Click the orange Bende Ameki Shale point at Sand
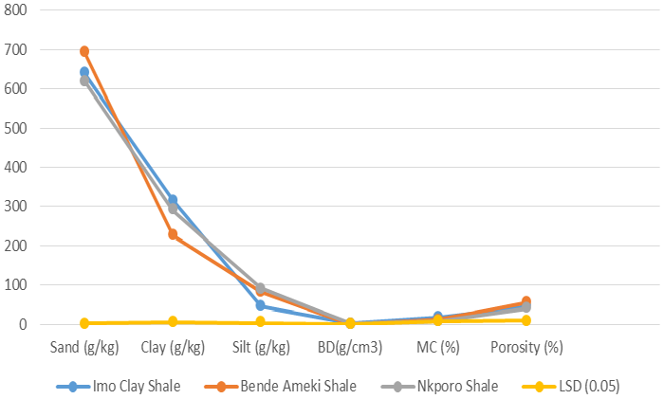(x=84, y=51)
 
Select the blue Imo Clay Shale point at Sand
(x=84, y=72)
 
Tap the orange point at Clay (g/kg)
(x=173, y=234)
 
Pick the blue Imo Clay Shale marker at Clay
(x=173, y=200)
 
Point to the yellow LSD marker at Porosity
(x=526, y=320)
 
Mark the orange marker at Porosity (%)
(x=526, y=301)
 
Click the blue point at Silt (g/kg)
(x=261, y=305)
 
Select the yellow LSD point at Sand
(x=84, y=323)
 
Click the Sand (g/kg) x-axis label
(x=83, y=347)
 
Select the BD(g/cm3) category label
(x=349, y=347)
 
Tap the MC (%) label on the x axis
(x=437, y=347)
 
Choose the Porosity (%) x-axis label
(x=526, y=347)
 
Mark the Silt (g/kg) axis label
(x=261, y=347)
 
